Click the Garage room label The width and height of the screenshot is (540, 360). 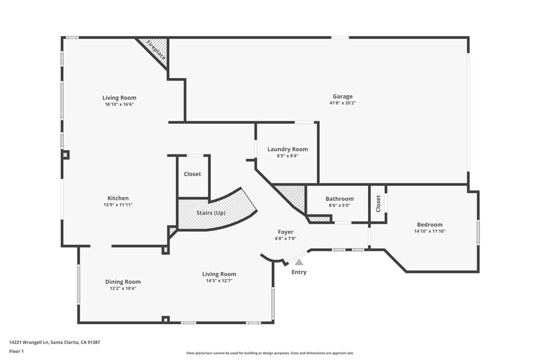(x=342, y=96)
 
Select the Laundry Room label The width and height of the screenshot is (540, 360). (x=287, y=149)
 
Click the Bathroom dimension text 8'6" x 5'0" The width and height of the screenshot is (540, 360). (x=339, y=206)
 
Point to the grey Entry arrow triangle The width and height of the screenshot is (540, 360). (x=299, y=261)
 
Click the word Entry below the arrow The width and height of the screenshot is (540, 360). (x=299, y=272)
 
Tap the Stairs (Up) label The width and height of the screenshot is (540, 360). (x=211, y=213)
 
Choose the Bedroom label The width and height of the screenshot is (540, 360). (x=429, y=225)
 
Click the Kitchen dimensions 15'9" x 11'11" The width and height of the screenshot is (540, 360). (x=118, y=205)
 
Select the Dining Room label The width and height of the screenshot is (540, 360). (x=123, y=281)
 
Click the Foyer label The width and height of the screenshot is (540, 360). (x=286, y=232)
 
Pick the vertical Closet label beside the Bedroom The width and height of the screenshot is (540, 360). (x=378, y=203)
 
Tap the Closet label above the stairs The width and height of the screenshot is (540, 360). (x=192, y=174)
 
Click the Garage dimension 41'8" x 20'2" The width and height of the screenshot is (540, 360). (x=342, y=103)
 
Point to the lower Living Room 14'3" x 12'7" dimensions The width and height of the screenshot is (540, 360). (x=219, y=281)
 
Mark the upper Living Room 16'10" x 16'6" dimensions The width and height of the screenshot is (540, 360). (x=119, y=104)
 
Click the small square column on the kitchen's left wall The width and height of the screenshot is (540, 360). (x=65, y=154)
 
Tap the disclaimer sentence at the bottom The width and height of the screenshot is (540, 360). (x=270, y=353)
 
